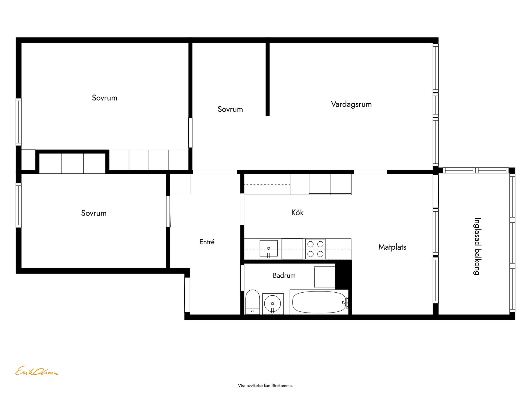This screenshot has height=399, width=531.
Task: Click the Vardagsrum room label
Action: (x=351, y=104)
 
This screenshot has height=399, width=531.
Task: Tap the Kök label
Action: (x=297, y=213)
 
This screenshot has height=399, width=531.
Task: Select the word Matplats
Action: (x=392, y=247)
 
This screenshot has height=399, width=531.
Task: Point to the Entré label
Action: (x=207, y=242)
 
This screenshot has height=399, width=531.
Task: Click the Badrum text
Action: (x=284, y=275)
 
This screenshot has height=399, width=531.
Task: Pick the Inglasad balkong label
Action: (x=477, y=246)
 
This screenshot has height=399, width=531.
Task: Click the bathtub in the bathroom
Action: (x=319, y=302)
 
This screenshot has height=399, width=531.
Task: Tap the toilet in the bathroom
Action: (x=253, y=302)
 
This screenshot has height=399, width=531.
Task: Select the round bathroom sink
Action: (x=273, y=304)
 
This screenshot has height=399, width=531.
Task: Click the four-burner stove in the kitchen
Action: (x=315, y=249)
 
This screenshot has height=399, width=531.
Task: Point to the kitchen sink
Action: (x=269, y=248)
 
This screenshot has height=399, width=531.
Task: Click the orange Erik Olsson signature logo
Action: (x=37, y=371)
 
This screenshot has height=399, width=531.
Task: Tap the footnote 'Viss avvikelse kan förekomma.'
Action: (x=265, y=385)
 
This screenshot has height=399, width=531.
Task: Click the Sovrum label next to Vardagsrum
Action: (x=230, y=109)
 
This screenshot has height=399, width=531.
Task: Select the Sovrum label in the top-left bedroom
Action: (x=105, y=98)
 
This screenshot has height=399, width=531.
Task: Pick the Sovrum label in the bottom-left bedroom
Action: (x=94, y=213)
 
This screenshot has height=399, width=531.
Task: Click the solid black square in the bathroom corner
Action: (x=343, y=275)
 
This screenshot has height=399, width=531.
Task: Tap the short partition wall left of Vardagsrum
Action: (x=267, y=79)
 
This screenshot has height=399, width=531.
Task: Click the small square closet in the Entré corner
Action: (x=180, y=184)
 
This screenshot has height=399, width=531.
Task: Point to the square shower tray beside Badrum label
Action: (x=325, y=277)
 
